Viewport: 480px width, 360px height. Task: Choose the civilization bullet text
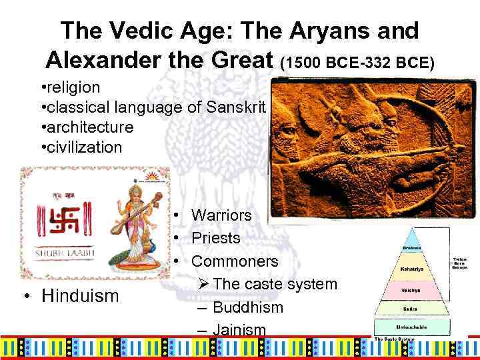coord(84,146)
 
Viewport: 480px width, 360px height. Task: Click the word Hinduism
coord(80,295)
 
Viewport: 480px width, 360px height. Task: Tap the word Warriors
coord(221,215)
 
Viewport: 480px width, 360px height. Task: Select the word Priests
coord(216,238)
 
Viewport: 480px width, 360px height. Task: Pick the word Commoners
coord(235,261)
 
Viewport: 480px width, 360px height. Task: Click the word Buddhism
coord(248,307)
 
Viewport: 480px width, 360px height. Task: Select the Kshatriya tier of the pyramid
coord(409,267)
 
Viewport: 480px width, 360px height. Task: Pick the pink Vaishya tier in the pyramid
coord(409,289)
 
